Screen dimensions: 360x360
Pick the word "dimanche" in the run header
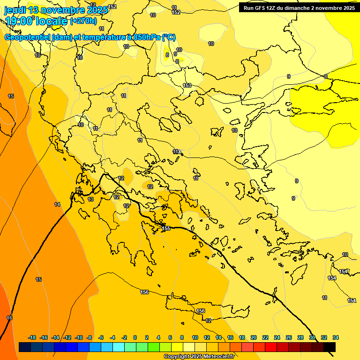point(300,8)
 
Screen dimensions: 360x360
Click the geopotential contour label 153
point(187,85)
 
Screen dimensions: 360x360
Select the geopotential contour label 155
point(166,228)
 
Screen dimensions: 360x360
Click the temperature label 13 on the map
point(90,199)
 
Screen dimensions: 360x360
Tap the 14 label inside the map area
point(57,204)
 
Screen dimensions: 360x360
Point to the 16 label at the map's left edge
point(9,318)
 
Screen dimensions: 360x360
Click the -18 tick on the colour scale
point(32,337)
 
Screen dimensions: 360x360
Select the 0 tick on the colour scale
point(135,337)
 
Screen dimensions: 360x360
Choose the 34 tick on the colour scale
point(336,337)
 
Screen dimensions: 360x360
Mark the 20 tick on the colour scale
point(254,337)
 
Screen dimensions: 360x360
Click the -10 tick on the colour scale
point(78,337)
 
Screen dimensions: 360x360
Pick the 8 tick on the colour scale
point(182,337)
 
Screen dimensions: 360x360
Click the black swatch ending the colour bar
point(330,347)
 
